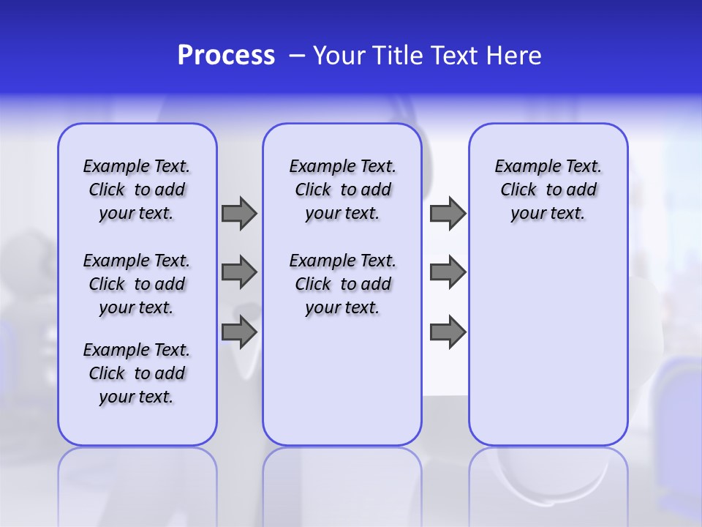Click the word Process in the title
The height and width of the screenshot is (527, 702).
(226, 56)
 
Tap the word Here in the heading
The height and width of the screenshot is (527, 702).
(515, 56)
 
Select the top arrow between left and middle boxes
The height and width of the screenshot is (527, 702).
(239, 213)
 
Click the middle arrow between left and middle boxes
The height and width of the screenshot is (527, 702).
(239, 272)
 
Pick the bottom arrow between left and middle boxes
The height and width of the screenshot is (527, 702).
(239, 332)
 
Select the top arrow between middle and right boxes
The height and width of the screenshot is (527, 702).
(448, 213)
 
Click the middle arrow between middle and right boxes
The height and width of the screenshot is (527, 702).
(448, 272)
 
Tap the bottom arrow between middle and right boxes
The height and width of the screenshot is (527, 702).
(448, 332)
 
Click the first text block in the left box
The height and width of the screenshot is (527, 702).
(137, 190)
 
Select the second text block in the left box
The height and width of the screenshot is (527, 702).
(137, 284)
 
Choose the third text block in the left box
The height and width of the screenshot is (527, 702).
(137, 373)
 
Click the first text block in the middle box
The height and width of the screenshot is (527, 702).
(342, 190)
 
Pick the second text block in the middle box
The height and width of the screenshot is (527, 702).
(342, 284)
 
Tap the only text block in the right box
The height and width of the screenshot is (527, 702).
(548, 190)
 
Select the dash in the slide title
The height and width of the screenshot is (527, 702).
(297, 56)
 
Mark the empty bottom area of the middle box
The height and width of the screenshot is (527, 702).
(342, 388)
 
